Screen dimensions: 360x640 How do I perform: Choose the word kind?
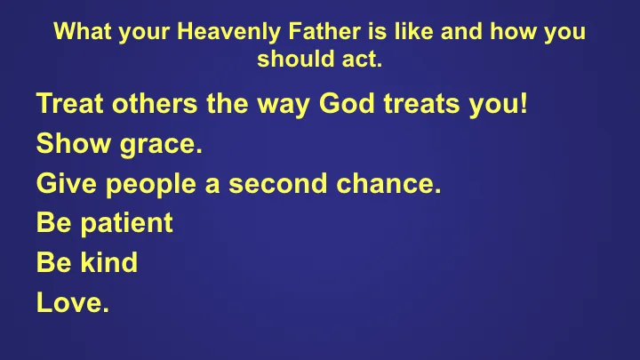point(111,263)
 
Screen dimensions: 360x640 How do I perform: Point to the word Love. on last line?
point(73,302)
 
